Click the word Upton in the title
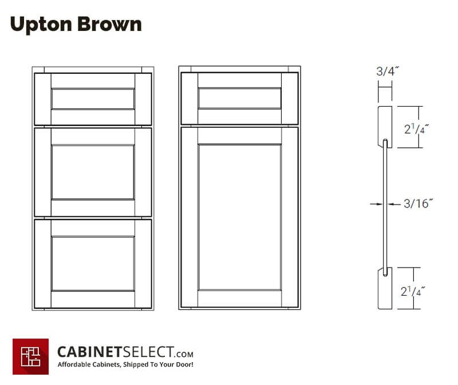click(x=41, y=25)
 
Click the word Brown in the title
click(x=109, y=24)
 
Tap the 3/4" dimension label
click(x=388, y=72)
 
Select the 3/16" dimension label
click(x=418, y=203)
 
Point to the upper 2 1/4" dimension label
click(x=416, y=129)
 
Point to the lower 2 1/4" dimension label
click(x=412, y=291)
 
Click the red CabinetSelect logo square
click(x=31, y=356)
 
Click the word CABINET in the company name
click(x=89, y=352)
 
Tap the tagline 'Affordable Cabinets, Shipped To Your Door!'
click(x=125, y=364)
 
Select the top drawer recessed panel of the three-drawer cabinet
click(x=93, y=99)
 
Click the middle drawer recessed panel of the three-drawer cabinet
click(x=93, y=172)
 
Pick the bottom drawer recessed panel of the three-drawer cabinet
click(x=93, y=264)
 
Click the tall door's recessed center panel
click(x=239, y=217)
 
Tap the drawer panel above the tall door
click(x=239, y=98)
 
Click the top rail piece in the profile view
click(x=385, y=127)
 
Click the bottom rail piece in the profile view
click(x=385, y=288)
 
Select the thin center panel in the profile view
click(x=385, y=207)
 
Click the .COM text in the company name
click(x=184, y=354)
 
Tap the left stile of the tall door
click(x=189, y=217)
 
